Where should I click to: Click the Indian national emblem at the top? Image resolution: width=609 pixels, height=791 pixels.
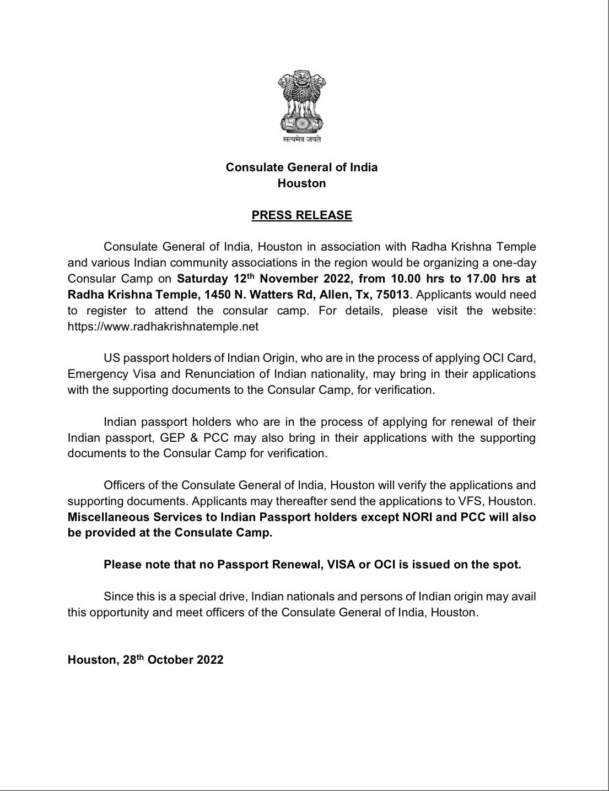click(301, 101)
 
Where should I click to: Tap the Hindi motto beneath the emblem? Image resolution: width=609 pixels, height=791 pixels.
click(301, 140)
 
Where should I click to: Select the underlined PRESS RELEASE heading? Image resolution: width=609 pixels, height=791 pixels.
click(301, 215)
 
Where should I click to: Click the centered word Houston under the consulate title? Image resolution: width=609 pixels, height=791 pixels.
click(301, 183)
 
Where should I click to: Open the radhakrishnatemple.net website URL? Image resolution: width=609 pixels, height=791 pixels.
click(163, 327)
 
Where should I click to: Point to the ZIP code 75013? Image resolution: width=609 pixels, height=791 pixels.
click(392, 295)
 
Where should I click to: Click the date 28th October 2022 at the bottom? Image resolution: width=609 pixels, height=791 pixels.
click(173, 660)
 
